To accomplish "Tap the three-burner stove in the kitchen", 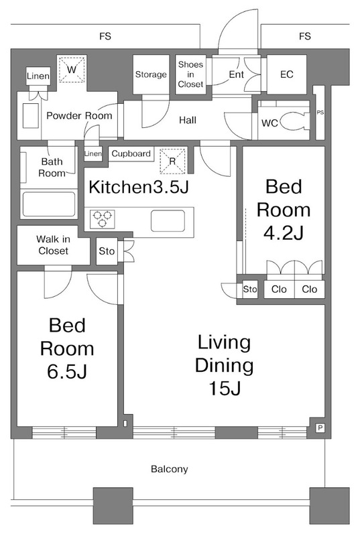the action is click(x=102, y=219).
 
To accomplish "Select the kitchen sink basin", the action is click(x=168, y=221).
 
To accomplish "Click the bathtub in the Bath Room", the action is click(x=48, y=204).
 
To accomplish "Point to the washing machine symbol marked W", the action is click(x=72, y=70).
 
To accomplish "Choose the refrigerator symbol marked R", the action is click(x=172, y=161).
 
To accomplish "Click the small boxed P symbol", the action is click(x=320, y=427).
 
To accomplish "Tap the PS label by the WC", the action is click(x=320, y=112).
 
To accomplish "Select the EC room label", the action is click(x=286, y=74).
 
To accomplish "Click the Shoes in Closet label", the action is click(x=190, y=74).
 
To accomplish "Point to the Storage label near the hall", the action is click(x=151, y=74).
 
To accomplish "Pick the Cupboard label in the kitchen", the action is click(x=131, y=154).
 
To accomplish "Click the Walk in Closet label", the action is click(x=53, y=245).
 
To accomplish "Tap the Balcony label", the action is click(x=169, y=468).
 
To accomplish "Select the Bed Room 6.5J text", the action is click(x=67, y=348).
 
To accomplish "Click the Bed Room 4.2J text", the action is click(x=284, y=210).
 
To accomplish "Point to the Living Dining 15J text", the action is click(x=225, y=365).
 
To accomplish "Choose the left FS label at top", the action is click(x=105, y=36).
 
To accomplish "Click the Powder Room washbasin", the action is click(x=30, y=115).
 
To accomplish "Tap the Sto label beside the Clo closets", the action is click(x=250, y=289).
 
